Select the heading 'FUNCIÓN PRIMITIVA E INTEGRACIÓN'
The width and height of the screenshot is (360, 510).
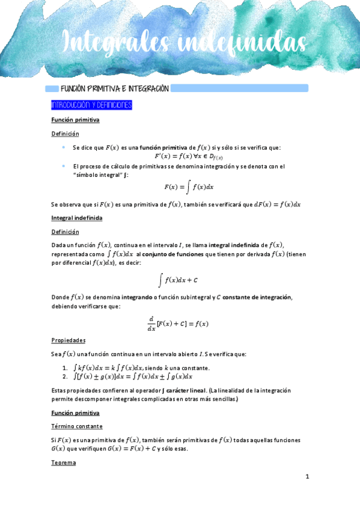(x=111, y=89)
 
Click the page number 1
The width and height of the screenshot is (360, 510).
(x=307, y=477)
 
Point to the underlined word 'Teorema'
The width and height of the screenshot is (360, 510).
(x=63, y=464)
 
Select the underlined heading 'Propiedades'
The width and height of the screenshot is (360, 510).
(x=69, y=340)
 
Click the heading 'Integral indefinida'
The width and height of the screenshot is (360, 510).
(x=77, y=218)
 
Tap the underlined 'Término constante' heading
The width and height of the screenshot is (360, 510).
(x=77, y=426)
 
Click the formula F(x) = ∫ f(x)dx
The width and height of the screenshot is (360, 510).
(x=189, y=186)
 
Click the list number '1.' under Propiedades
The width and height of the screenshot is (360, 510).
(x=65, y=367)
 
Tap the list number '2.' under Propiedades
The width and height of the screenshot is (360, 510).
(x=65, y=376)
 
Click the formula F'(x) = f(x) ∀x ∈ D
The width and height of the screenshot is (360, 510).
(x=180, y=156)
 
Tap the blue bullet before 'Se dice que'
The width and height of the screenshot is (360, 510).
(x=64, y=147)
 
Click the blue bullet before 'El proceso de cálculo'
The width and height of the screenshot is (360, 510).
(x=64, y=165)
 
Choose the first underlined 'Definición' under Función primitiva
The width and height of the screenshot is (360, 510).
(x=65, y=134)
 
